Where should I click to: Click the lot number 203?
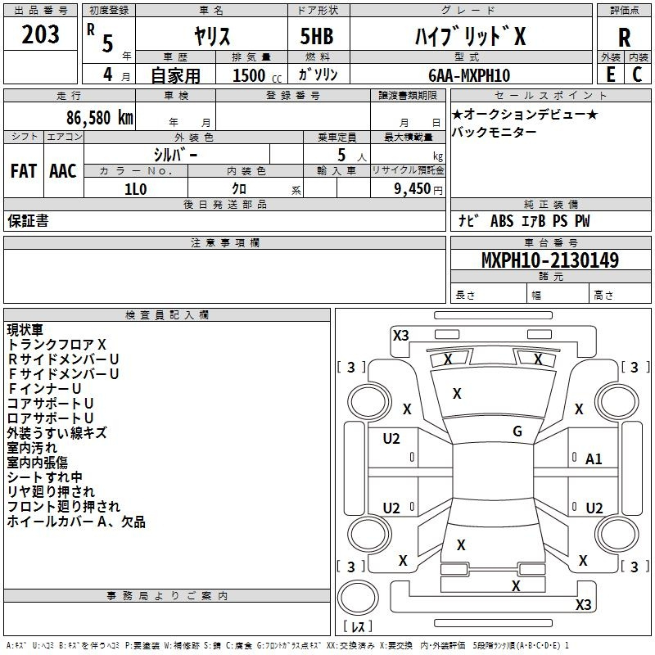[x=40, y=34]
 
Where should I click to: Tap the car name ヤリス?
[x=212, y=36]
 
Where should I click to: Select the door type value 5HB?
[x=317, y=36]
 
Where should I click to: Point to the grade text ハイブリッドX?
[x=470, y=36]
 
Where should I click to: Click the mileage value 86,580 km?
[x=99, y=118]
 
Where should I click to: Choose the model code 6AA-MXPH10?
[x=469, y=75]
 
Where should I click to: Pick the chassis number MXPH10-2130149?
[x=550, y=260]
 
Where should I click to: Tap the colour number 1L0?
[x=136, y=189]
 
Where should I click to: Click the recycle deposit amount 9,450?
[x=413, y=189]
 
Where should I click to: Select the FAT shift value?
[x=24, y=171]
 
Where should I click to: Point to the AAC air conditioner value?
[x=63, y=171]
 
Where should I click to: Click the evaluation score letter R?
[x=624, y=38]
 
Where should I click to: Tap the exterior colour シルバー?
[x=175, y=155]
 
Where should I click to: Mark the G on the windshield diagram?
[x=517, y=431]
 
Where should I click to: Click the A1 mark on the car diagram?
[x=594, y=459]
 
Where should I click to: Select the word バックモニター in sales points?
[x=494, y=132]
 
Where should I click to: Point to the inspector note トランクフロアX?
[x=56, y=344]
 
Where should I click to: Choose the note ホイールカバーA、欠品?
[x=76, y=522]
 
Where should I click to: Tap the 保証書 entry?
[x=28, y=220]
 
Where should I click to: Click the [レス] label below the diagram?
[x=358, y=626]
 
